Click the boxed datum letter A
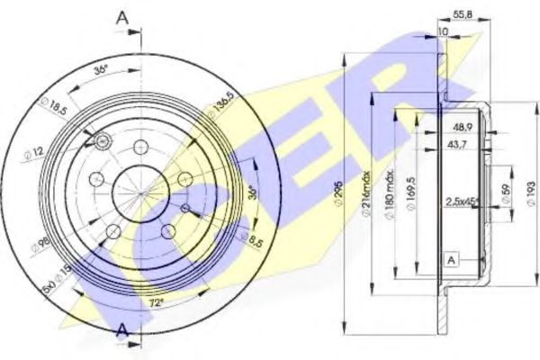(x=449, y=259)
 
